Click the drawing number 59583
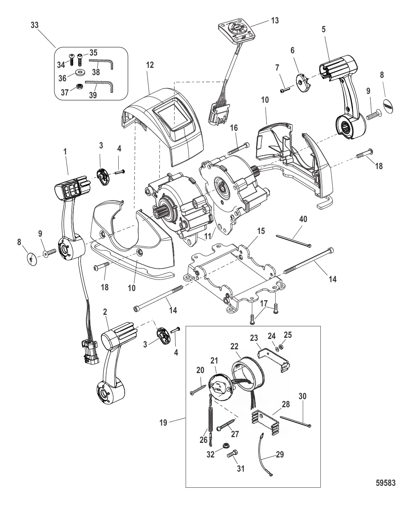[x=385, y=483]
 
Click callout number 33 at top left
[x=35, y=25]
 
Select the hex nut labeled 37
[x=78, y=86]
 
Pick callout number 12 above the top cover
[x=150, y=65]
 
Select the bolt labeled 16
[x=239, y=149]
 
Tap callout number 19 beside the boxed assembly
[x=163, y=423]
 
